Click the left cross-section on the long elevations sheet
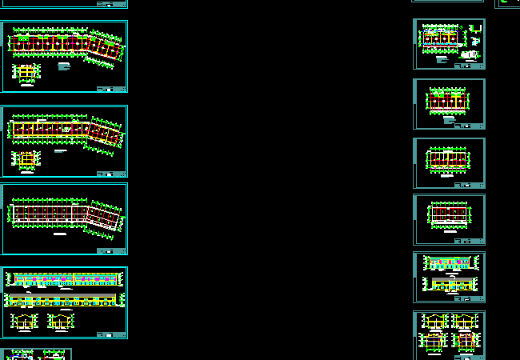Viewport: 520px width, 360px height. coord(24,322)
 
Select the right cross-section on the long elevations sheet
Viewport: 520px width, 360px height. coord(60,322)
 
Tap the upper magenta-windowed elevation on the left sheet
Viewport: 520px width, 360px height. coord(64,279)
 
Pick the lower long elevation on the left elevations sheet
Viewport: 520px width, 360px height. coord(64,300)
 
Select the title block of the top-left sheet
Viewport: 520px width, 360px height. coord(110,89)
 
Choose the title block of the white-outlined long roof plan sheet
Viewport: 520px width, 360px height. coord(110,250)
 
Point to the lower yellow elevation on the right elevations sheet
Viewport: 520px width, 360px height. coord(450,283)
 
